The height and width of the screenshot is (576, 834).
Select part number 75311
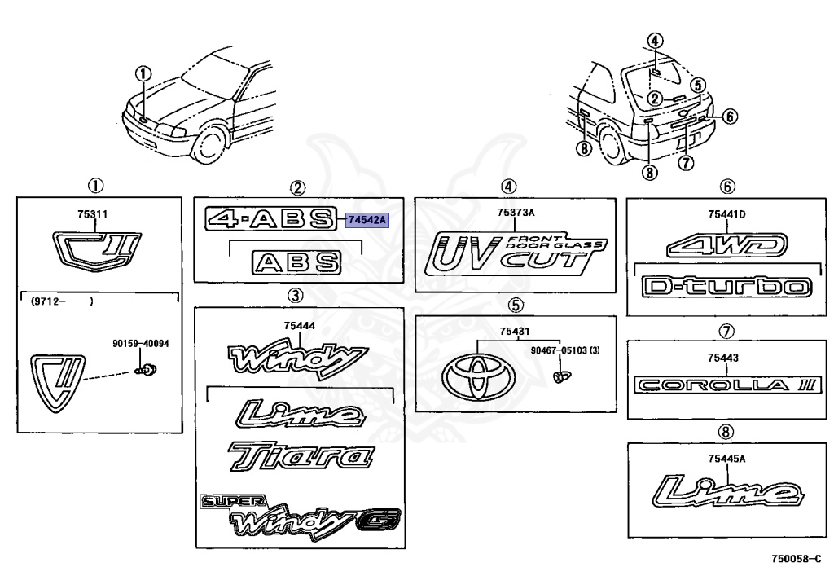(x=92, y=215)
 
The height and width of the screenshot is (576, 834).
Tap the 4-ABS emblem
(x=270, y=218)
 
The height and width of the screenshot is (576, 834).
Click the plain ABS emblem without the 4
(x=296, y=262)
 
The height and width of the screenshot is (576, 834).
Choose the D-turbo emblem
(x=726, y=287)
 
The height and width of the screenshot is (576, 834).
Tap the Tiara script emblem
(x=296, y=457)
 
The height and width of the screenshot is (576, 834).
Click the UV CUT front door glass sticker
(x=517, y=253)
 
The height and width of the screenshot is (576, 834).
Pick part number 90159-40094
(x=141, y=344)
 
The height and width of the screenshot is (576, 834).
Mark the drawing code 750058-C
(x=797, y=560)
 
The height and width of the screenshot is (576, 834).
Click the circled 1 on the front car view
(x=143, y=73)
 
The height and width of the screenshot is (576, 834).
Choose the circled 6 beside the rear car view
(x=729, y=117)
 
